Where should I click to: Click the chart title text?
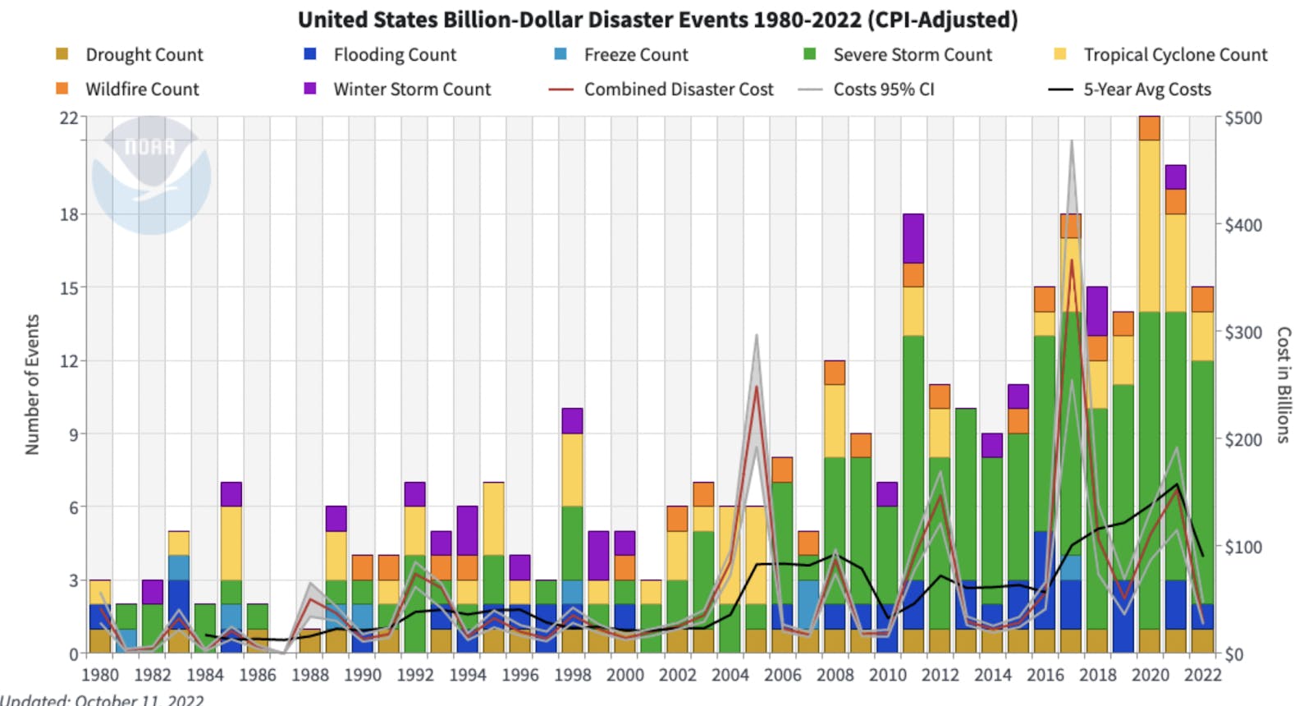(657, 19)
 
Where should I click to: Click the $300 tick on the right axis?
(1243, 332)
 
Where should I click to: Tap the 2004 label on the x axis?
(730, 675)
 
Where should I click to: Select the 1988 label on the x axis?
(309, 675)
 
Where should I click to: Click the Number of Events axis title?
(32, 384)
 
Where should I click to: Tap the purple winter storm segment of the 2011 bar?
(913, 238)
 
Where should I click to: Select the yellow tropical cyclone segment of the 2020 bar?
(1150, 226)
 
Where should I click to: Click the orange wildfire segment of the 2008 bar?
(835, 373)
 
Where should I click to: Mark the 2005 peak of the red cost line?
(757, 385)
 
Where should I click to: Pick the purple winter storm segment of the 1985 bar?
(231, 494)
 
